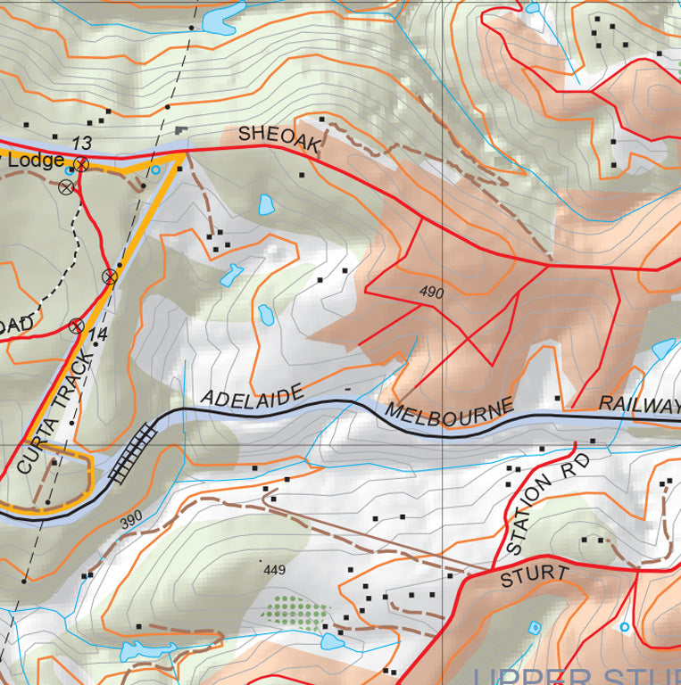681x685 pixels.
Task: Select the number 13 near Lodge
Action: click(x=81, y=143)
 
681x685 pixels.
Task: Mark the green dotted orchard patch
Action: click(x=294, y=612)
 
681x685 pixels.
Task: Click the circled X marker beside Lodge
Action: click(x=81, y=164)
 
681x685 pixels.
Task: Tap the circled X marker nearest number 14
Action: click(x=77, y=326)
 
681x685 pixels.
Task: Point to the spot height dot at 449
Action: click(x=261, y=561)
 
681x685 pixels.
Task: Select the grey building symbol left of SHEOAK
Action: click(x=182, y=131)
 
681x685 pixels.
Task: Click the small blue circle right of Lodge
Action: click(x=155, y=169)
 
